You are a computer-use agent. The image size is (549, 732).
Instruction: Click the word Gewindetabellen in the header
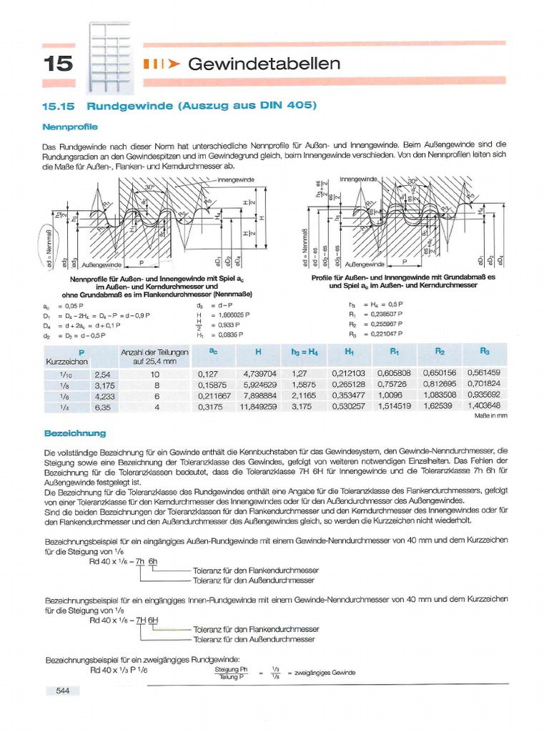pyautogui.click(x=263, y=64)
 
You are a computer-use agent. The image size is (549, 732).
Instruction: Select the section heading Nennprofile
pyautogui.click(x=70, y=127)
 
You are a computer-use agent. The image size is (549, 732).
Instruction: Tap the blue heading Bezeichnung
pyautogui.click(x=75, y=433)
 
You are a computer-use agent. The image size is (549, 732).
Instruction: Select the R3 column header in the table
pyautogui.click(x=484, y=352)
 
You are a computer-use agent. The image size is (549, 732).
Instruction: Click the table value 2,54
pyautogui.click(x=102, y=373)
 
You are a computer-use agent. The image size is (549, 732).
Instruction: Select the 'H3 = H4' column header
pyautogui.click(x=305, y=352)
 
